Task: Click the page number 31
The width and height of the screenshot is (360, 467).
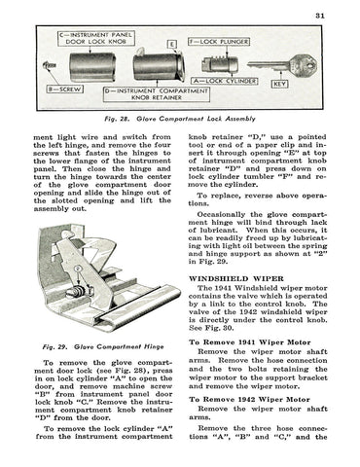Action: [x=320, y=16]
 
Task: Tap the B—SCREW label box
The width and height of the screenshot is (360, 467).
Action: [x=64, y=90]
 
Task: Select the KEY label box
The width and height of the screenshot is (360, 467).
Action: [x=279, y=84]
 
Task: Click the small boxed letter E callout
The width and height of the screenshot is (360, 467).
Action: [x=171, y=44]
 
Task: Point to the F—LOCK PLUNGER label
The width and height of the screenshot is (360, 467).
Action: [x=219, y=42]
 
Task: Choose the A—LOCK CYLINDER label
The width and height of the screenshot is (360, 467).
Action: [x=225, y=81]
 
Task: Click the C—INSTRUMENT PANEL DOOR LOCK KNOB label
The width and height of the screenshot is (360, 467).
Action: [x=96, y=38]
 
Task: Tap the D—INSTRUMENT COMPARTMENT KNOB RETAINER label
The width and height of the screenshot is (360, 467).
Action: [x=157, y=94]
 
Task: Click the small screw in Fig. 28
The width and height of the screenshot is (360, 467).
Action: [x=50, y=66]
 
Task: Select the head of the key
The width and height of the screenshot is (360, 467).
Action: [x=304, y=66]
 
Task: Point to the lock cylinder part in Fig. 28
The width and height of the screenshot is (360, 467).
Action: [x=220, y=63]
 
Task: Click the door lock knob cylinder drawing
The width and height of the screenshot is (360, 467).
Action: [x=92, y=67]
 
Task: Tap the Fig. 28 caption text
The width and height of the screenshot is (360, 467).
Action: [x=180, y=119]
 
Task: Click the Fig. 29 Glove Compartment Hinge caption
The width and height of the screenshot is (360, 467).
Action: [x=103, y=346]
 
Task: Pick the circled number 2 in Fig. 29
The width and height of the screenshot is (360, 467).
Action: [x=77, y=269]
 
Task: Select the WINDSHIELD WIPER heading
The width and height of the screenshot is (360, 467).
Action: [x=236, y=278]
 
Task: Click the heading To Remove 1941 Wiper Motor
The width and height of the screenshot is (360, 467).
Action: [x=250, y=342]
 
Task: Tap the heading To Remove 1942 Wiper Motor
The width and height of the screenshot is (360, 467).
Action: [x=249, y=399]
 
